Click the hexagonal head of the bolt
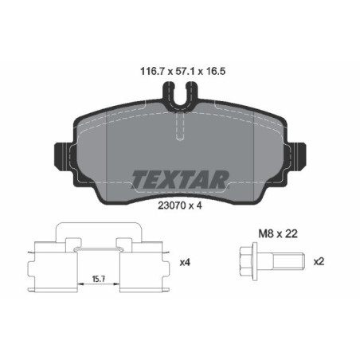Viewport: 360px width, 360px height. click(248, 261)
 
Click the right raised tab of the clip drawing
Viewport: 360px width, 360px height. click(124, 243)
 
